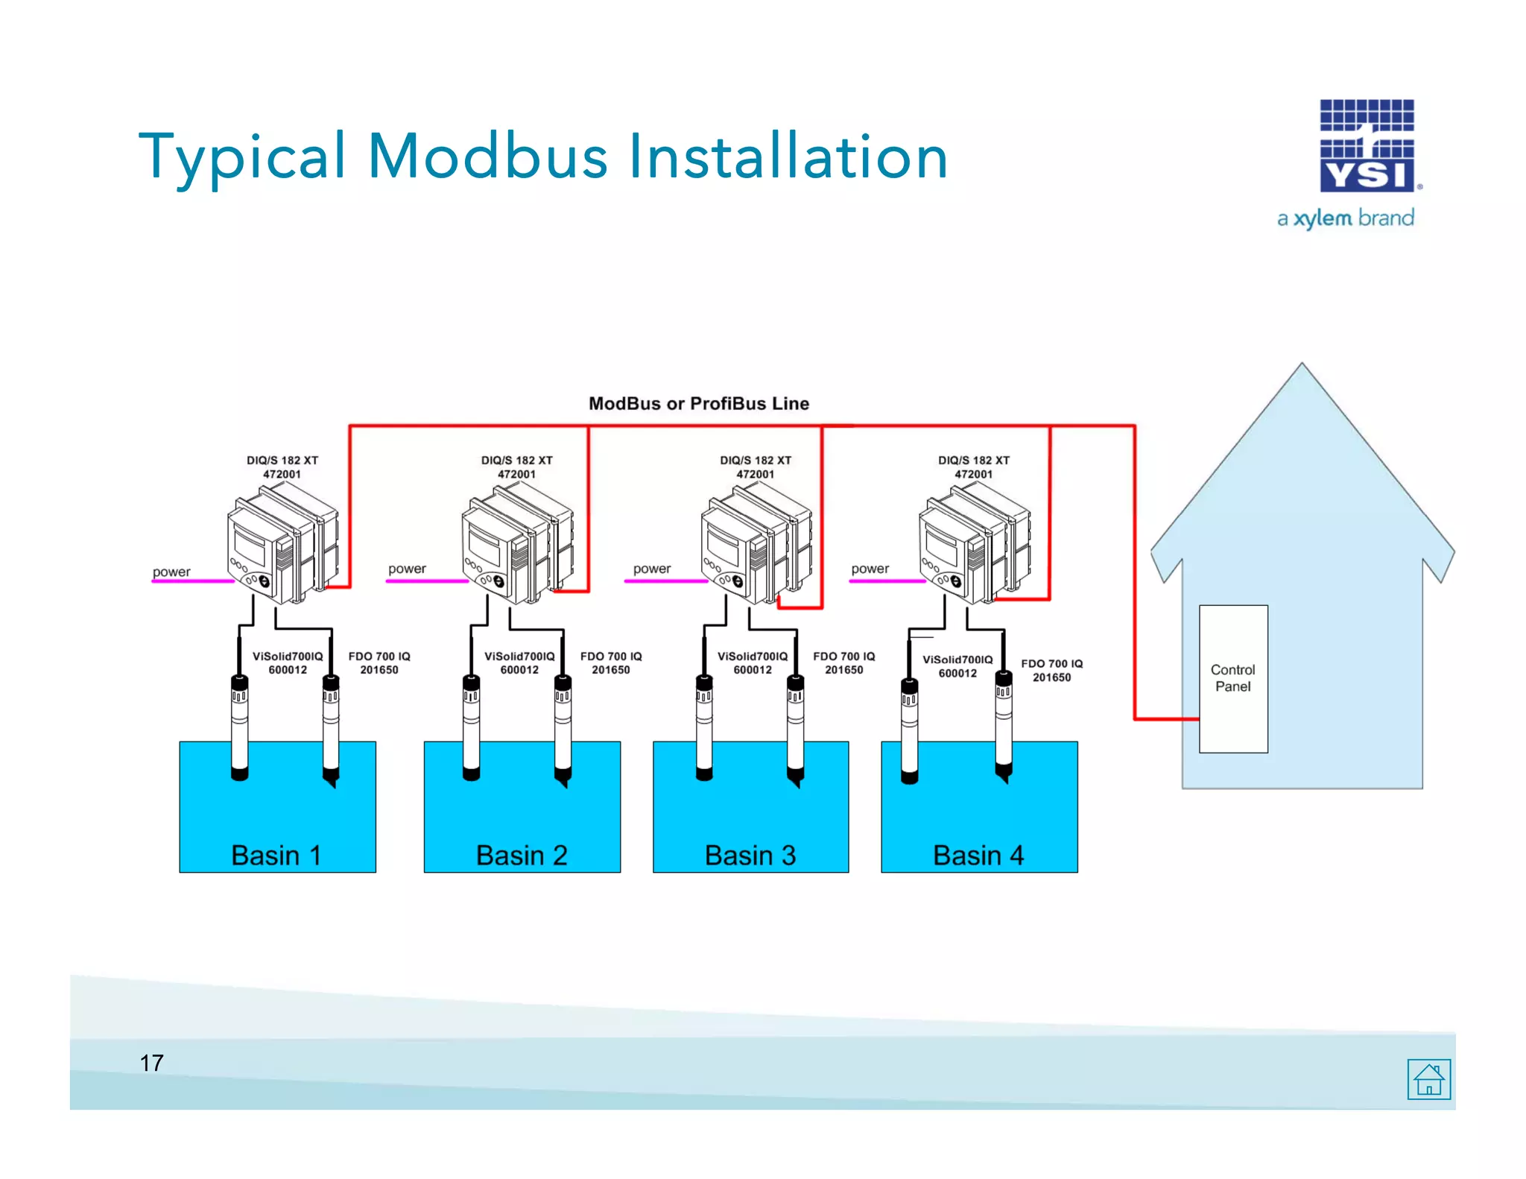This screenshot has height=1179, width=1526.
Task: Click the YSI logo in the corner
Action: (1367, 146)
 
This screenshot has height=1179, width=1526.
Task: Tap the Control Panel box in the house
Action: (1233, 678)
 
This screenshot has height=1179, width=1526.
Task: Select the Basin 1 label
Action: (276, 855)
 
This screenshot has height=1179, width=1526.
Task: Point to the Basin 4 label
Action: (978, 855)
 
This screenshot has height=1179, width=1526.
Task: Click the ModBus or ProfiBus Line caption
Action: (698, 403)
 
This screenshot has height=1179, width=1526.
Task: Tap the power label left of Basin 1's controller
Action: (171, 572)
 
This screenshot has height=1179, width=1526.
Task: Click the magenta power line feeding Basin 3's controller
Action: (665, 581)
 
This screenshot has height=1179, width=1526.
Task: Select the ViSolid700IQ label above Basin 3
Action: (753, 663)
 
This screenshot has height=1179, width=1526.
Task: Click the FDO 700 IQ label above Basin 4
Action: (1051, 670)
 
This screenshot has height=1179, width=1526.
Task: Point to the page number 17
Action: (152, 1063)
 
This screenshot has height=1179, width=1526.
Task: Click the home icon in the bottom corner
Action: (1428, 1078)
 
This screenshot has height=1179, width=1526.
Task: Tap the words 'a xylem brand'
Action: (1346, 218)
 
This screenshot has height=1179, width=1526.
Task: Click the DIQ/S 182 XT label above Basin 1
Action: (282, 467)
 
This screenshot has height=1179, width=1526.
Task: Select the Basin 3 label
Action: (750, 855)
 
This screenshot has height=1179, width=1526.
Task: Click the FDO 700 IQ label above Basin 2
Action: (611, 663)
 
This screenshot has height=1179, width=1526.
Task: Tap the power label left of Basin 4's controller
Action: (870, 569)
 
